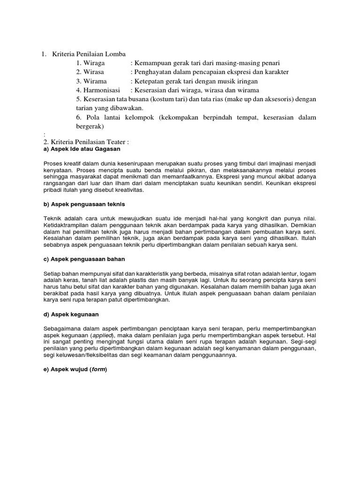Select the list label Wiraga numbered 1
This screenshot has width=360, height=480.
(x=94, y=63)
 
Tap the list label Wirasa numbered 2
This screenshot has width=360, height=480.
(x=94, y=72)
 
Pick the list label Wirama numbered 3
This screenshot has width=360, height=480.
(x=95, y=81)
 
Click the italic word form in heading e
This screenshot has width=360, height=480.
(x=98, y=369)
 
